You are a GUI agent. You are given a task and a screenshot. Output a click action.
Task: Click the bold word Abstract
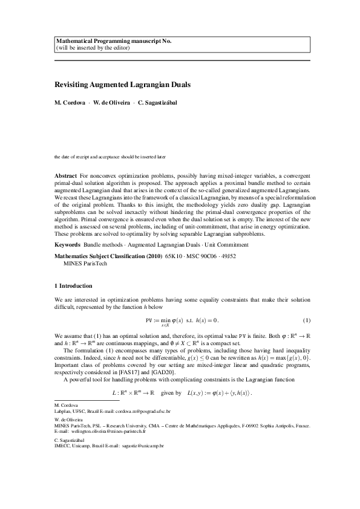(x=65, y=175)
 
